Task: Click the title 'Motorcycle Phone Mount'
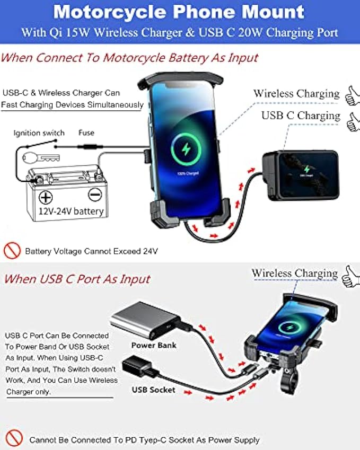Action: (x=180, y=11)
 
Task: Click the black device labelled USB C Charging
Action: (x=300, y=174)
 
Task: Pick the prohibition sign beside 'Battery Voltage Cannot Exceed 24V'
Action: (x=12, y=250)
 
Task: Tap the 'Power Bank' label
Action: (x=154, y=346)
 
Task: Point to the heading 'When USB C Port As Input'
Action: (x=77, y=279)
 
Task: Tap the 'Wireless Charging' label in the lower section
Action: (x=294, y=273)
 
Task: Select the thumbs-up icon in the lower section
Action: (x=350, y=276)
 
